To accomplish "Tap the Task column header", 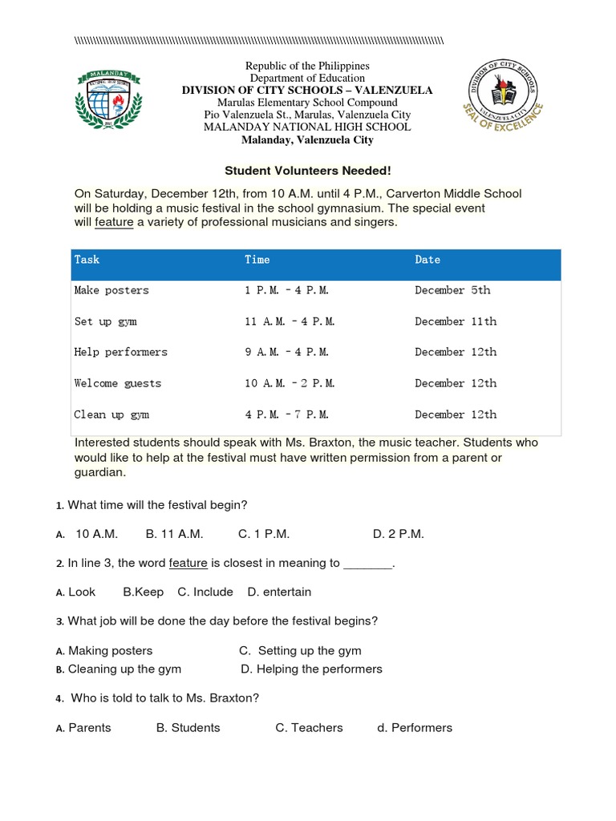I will click(x=87, y=260).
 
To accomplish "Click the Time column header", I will click(x=257, y=260).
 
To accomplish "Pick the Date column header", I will click(x=428, y=260).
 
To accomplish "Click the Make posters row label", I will click(x=111, y=290).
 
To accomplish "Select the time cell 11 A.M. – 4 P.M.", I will click(x=290, y=322).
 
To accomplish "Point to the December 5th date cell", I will click(x=452, y=290).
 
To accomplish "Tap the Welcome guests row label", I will click(x=118, y=383).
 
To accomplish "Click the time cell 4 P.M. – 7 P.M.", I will click(x=286, y=415).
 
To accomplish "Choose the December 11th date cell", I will click(x=456, y=322).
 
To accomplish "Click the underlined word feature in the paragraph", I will click(x=114, y=222).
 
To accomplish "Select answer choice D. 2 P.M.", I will click(x=399, y=534).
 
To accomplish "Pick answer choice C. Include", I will click(x=205, y=592).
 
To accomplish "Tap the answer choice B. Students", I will click(x=188, y=728).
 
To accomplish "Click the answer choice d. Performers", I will click(x=415, y=728).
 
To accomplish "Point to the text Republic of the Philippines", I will click(x=307, y=66).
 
